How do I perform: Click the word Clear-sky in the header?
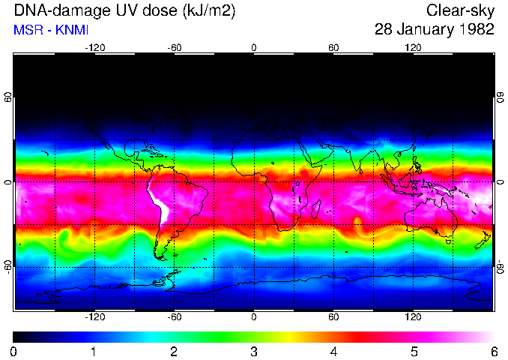coord(461,10)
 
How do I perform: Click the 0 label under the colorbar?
coord(14,351)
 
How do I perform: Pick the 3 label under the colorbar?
coord(254,351)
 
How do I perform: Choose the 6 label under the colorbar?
coord(493,351)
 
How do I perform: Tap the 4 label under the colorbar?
coord(333,351)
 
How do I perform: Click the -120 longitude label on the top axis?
coord(94,48)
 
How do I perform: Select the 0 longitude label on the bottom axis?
coord(254,316)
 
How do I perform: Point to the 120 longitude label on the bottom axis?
coord(413,316)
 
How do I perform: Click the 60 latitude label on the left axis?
coord(7,98)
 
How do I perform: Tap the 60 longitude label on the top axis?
coord(333,48)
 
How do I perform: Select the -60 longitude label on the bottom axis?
coord(174,316)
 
